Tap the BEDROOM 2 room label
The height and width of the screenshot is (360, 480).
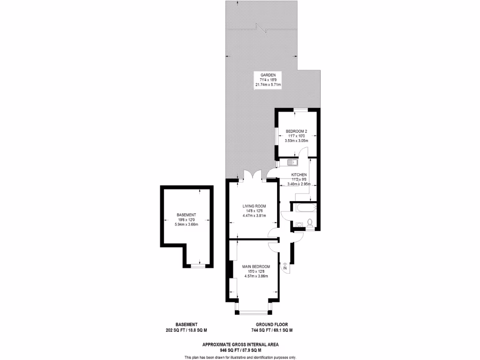tap(296, 131)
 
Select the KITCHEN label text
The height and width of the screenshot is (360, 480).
tap(299, 175)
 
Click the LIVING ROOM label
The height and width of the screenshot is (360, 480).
tap(254, 206)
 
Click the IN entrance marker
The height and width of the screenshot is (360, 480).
tap(285, 268)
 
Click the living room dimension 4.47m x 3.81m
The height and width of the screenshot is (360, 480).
tap(254, 216)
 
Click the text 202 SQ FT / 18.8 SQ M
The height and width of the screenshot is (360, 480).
tap(186, 330)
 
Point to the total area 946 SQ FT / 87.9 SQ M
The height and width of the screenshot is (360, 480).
tap(240, 350)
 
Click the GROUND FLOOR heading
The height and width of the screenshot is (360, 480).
tap(271, 324)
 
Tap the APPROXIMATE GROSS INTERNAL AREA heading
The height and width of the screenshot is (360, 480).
tap(240, 345)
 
